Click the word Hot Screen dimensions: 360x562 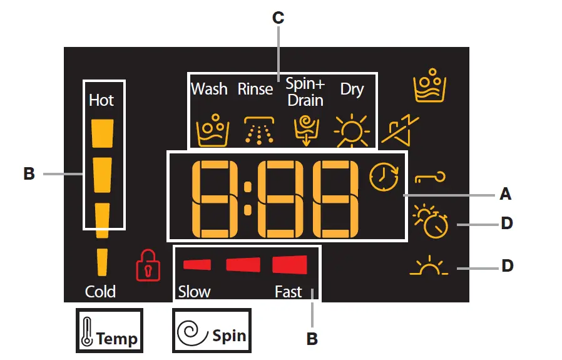[x=101, y=100]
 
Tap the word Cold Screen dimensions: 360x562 [x=101, y=291]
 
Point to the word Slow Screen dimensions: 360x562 [x=194, y=292]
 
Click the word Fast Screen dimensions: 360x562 [x=288, y=292]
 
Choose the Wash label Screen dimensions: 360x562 [x=209, y=89]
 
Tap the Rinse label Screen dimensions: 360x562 [x=255, y=89]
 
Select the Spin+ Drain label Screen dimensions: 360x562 [x=305, y=92]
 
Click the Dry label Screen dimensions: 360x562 [x=352, y=89]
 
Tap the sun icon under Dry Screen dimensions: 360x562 [x=351, y=130]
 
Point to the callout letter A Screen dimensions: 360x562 [x=506, y=195]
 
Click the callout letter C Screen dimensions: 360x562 [x=278, y=18]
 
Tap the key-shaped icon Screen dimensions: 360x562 [x=431, y=180]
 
